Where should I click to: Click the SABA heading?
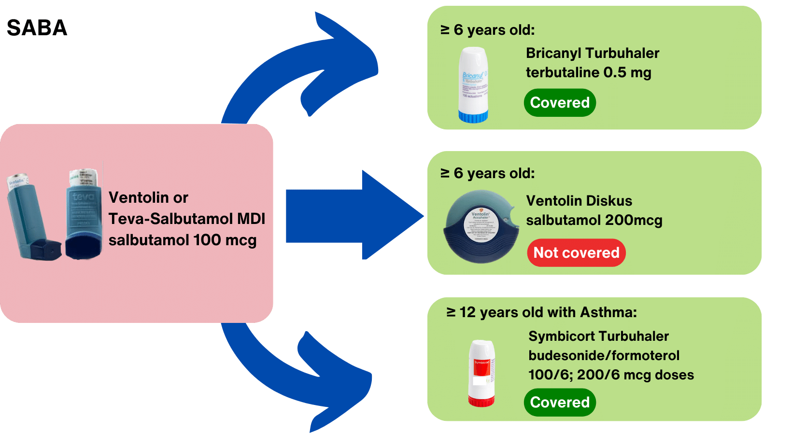(37, 28)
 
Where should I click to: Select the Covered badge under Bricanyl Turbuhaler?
(560, 103)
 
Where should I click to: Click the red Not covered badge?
(576, 252)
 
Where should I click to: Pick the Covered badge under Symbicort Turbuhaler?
(560, 402)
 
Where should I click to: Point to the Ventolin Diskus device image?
(481, 227)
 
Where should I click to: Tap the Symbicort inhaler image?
(481, 373)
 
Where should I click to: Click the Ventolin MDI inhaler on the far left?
(31, 217)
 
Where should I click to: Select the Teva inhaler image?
(84, 215)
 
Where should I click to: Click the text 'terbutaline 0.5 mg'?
(588, 72)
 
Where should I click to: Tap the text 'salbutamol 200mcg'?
(594, 220)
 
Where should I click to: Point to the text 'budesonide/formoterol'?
(604, 356)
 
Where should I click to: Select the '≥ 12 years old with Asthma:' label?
(541, 312)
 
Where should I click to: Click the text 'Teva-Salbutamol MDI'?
(187, 219)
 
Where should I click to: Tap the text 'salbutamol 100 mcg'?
(183, 240)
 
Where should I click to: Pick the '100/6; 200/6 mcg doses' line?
(611, 375)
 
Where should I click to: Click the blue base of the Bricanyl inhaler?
(473, 116)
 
